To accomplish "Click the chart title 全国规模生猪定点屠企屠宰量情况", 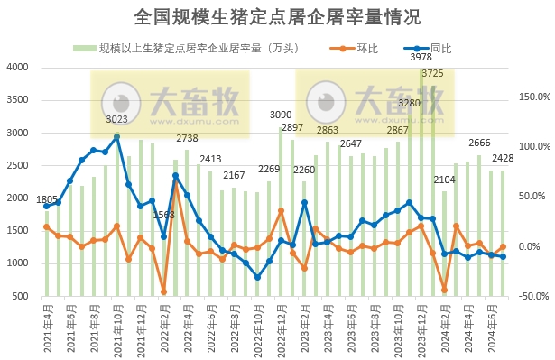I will point(277,17).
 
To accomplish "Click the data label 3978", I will point(421,58).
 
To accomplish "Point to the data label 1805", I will point(46,199).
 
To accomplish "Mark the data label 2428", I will point(503,159).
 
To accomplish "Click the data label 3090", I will point(282,115).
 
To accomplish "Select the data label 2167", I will point(234,175).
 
